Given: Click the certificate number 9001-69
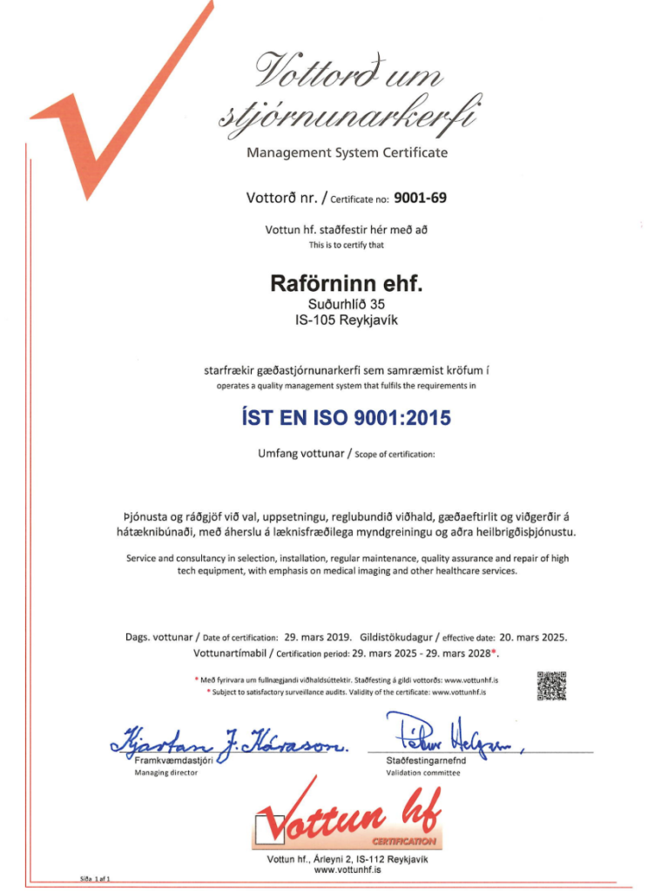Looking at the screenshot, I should [420, 198].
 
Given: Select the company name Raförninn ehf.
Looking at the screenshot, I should [347, 284].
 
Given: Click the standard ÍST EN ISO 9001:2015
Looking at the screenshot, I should [346, 418].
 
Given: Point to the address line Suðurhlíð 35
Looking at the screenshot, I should [347, 304].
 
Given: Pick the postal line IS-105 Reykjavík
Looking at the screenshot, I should [347, 319].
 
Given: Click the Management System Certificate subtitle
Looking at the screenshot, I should [347, 152].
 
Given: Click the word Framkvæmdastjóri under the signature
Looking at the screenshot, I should [173, 761].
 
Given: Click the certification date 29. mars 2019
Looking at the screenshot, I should [317, 637].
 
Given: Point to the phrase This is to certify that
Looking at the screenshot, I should [347, 245].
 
